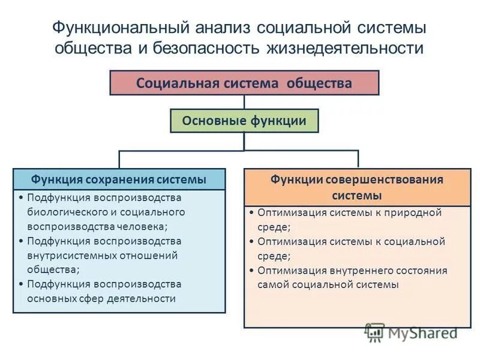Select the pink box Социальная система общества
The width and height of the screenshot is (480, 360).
tap(244, 83)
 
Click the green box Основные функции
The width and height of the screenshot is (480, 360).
tap(244, 121)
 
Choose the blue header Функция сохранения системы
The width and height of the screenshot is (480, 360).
tap(119, 179)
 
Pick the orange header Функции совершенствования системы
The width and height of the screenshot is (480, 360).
tap(357, 187)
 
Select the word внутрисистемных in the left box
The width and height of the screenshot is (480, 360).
tap(70, 255)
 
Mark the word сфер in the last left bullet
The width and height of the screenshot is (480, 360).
tap(92, 298)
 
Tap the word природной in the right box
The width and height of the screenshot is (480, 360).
tap(412, 212)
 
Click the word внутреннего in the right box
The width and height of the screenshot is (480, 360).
tap(350, 270)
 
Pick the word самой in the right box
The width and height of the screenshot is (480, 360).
tap(272, 284)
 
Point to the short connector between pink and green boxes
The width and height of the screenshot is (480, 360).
tap(244, 102)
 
